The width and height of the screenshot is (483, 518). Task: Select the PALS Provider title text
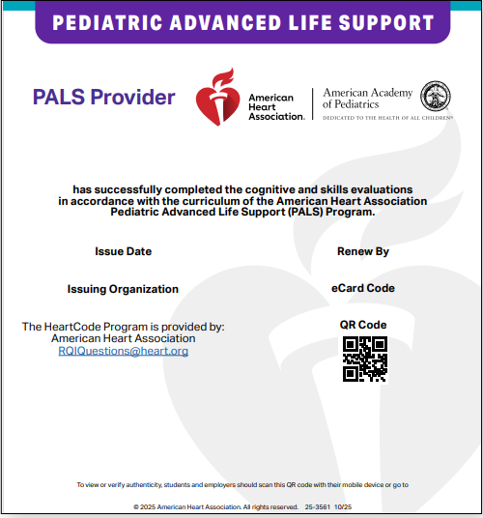tap(104, 97)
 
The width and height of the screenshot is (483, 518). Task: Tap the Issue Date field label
tap(123, 251)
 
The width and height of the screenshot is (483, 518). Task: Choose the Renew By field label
tap(363, 251)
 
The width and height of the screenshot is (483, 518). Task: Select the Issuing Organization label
tap(123, 289)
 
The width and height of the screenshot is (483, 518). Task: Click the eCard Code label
tap(363, 288)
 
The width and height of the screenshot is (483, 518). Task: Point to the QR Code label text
tap(363, 325)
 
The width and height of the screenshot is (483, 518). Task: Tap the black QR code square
tap(365, 359)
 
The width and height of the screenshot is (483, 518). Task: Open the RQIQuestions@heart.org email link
tap(124, 351)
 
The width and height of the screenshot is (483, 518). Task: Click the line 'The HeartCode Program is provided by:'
tap(124, 327)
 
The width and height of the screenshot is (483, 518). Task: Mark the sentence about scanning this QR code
tap(241, 484)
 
